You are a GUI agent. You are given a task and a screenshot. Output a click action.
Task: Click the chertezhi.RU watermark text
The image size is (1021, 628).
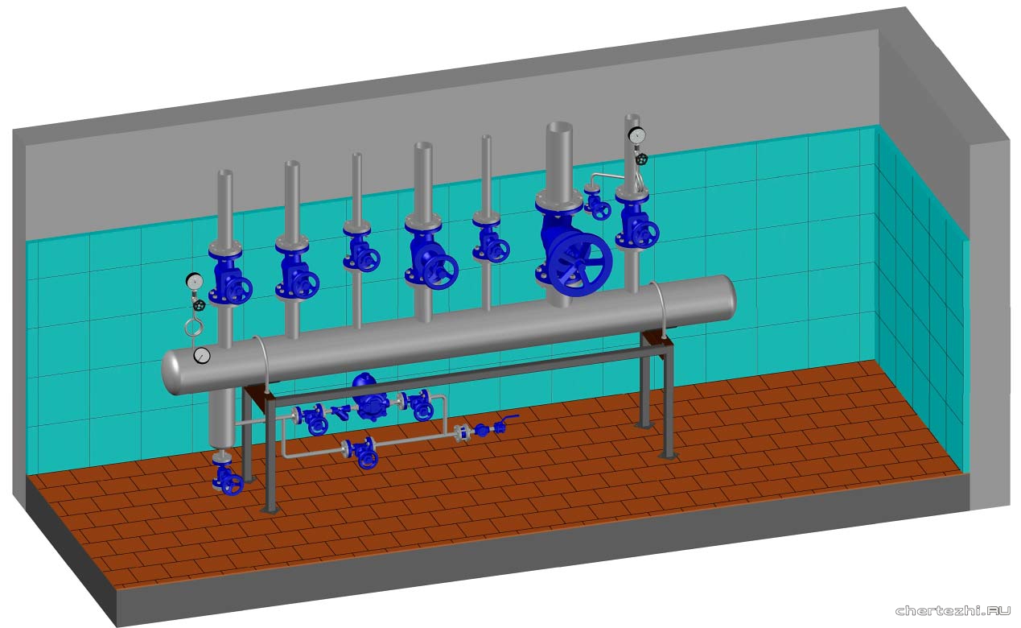(953, 610)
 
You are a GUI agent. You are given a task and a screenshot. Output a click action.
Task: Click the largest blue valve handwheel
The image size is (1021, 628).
(580, 265)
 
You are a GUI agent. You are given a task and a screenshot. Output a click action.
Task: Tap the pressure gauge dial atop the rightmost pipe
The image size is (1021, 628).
(636, 134)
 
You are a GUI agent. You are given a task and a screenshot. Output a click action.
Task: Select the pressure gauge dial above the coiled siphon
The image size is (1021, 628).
(195, 281)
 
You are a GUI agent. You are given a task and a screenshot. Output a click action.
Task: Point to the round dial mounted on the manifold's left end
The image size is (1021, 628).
(202, 356)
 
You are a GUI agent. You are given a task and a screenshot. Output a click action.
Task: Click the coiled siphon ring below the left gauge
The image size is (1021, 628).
(192, 328)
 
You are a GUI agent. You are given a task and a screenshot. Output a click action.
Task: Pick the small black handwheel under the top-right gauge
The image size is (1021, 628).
(642, 159)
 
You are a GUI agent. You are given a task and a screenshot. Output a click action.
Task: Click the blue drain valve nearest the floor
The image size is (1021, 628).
(228, 477)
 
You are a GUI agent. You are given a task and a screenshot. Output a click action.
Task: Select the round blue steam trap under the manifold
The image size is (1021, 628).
(368, 398)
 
